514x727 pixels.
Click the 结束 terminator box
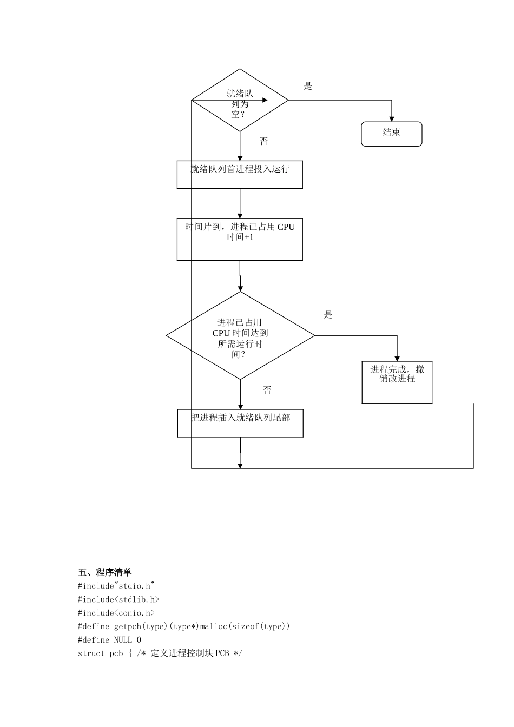pos(391,134)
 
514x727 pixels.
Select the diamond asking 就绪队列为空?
pos(240,101)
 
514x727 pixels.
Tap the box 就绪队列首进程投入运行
pos(240,174)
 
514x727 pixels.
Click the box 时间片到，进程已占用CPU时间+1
pos(240,239)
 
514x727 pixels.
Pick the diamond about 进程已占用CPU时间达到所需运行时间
pos(240,336)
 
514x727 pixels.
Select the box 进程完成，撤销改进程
pos(397,382)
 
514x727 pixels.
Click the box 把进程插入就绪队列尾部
pos(240,423)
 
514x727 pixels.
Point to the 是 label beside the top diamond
pos(308,86)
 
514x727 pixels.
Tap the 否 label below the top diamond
pos(264,142)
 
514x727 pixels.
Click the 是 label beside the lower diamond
pos(328,315)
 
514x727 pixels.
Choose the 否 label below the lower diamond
pos(267,391)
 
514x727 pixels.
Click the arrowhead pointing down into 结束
pos(392,119)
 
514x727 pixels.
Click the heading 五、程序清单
pos(105,572)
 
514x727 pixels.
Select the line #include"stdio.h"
pos(116,586)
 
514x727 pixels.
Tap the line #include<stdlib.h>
pos(118,599)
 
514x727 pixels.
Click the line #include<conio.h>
pos(116,613)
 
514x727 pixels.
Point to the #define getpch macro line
pos(184,626)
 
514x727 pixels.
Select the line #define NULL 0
pos(109,640)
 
